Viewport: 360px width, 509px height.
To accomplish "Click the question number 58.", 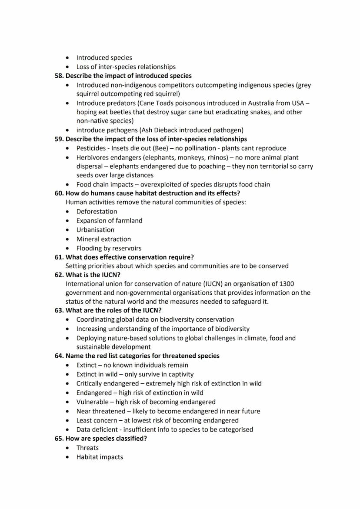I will (x=59, y=76).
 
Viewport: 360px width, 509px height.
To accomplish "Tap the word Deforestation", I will (x=97, y=212).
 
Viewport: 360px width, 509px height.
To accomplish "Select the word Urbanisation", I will (x=95, y=230).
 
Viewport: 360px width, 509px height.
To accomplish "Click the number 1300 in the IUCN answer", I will (x=286, y=284).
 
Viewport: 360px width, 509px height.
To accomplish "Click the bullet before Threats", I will (x=67, y=448).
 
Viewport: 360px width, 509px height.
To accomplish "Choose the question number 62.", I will (x=59, y=275).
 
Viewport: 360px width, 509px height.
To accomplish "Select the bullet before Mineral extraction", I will (x=67, y=240).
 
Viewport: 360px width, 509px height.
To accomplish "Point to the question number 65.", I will (x=59, y=439).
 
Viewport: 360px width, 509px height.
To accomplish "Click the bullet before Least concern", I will (x=67, y=421).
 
